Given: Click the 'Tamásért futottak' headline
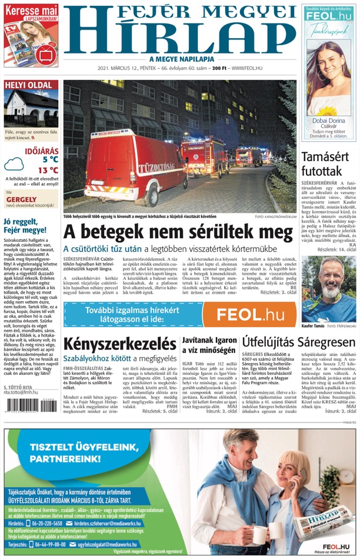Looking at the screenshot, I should [x=329, y=163].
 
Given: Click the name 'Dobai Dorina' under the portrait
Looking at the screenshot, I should [x=329, y=122].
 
